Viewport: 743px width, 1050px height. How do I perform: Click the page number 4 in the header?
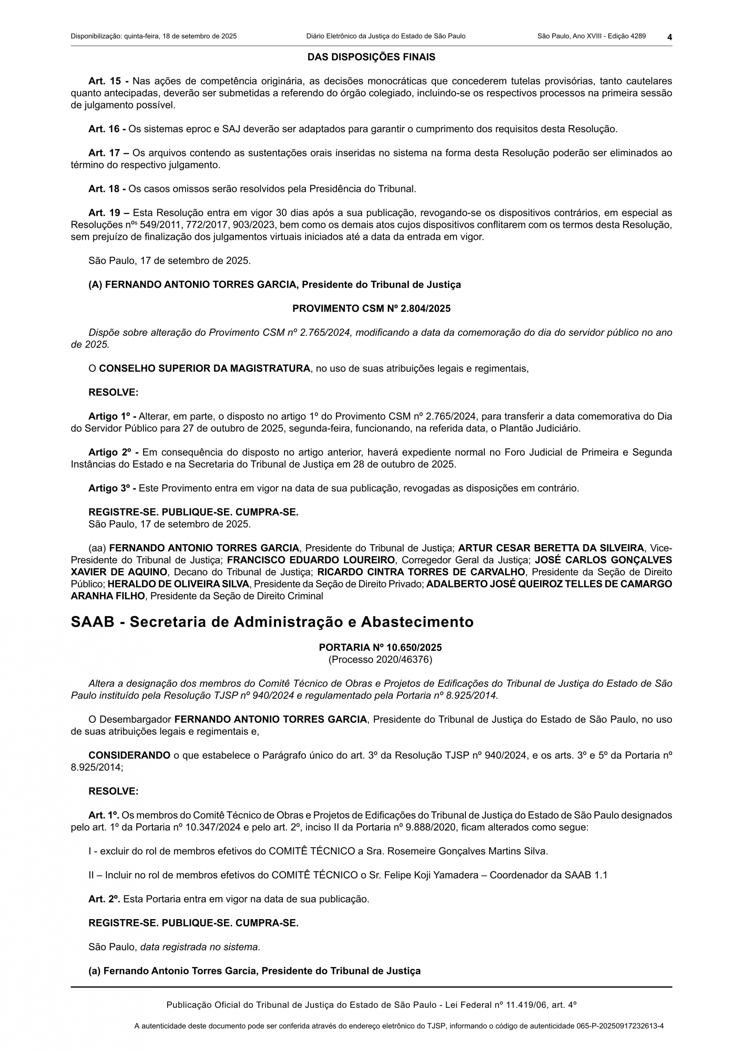click(669, 37)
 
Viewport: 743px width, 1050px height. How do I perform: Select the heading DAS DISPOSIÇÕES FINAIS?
click(371, 57)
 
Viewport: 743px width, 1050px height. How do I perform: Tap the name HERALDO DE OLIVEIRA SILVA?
click(179, 584)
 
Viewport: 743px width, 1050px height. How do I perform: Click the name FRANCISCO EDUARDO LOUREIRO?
click(311, 560)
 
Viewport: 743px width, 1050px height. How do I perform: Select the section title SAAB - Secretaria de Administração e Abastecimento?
click(272, 622)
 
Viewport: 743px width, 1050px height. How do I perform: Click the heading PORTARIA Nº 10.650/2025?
click(380, 648)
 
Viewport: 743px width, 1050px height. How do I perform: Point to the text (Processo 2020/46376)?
click(380, 660)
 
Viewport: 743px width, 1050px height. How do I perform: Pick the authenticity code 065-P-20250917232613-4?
click(619, 1026)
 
